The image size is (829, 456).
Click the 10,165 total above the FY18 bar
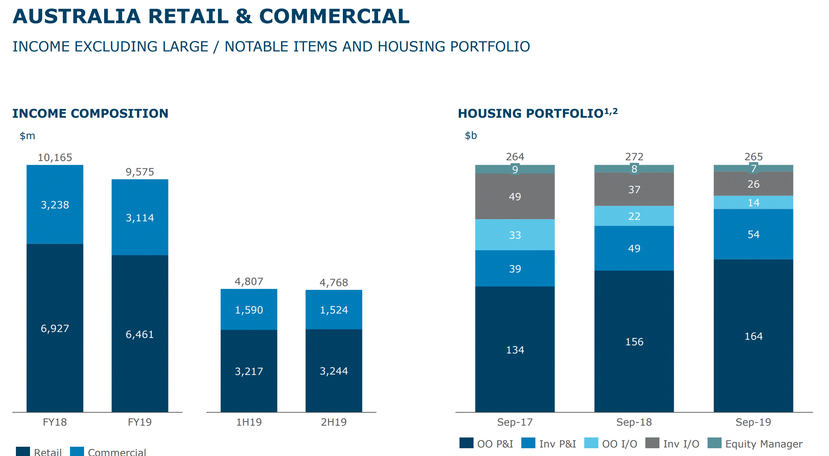[x=55, y=158]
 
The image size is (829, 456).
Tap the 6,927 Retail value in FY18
[x=55, y=328]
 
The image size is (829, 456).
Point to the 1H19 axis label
[x=249, y=422]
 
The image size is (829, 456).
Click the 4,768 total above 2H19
[x=334, y=283]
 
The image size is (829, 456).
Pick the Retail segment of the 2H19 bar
[x=334, y=370]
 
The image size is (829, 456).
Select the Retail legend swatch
[x=23, y=452]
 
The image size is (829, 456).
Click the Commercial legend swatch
[x=77, y=452]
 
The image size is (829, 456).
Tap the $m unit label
[x=27, y=136]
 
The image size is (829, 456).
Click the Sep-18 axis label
[x=634, y=422]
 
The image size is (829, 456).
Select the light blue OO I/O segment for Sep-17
[x=515, y=235]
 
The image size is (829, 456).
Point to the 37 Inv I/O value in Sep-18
[x=634, y=190]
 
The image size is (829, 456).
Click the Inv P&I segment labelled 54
[x=753, y=234]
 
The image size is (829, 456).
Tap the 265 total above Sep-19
[x=753, y=157]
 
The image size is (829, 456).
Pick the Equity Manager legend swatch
[x=714, y=443]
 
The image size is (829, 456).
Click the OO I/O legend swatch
[x=591, y=443]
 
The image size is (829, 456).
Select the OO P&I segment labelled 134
[x=515, y=349]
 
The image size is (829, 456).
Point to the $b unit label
[x=471, y=135]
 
